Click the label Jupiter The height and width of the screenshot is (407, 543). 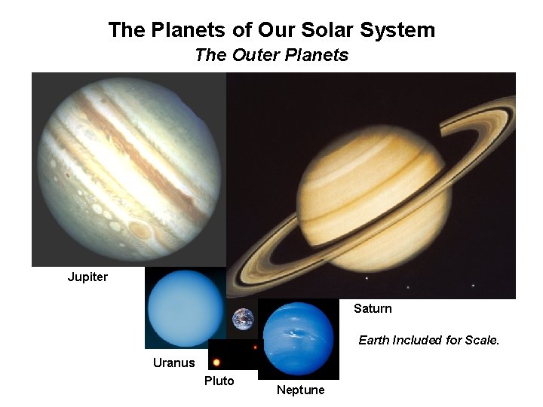[x=87, y=277]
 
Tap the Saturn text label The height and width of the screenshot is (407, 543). [x=373, y=308]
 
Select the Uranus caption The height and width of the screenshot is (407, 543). [x=173, y=363]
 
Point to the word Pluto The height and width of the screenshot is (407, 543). [x=219, y=381]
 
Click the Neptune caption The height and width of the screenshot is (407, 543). [x=300, y=390]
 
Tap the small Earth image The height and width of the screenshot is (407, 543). [x=243, y=319]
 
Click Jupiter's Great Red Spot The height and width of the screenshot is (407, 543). [x=140, y=230]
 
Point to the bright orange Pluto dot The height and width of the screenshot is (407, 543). [x=216, y=362]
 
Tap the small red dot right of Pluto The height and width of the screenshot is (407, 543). [x=256, y=347]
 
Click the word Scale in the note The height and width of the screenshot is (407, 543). [x=481, y=340]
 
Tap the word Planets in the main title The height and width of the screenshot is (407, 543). [x=185, y=30]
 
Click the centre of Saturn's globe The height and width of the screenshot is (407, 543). [x=371, y=208]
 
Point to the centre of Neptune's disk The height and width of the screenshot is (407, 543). [x=299, y=339]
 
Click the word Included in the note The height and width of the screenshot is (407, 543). [x=417, y=340]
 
